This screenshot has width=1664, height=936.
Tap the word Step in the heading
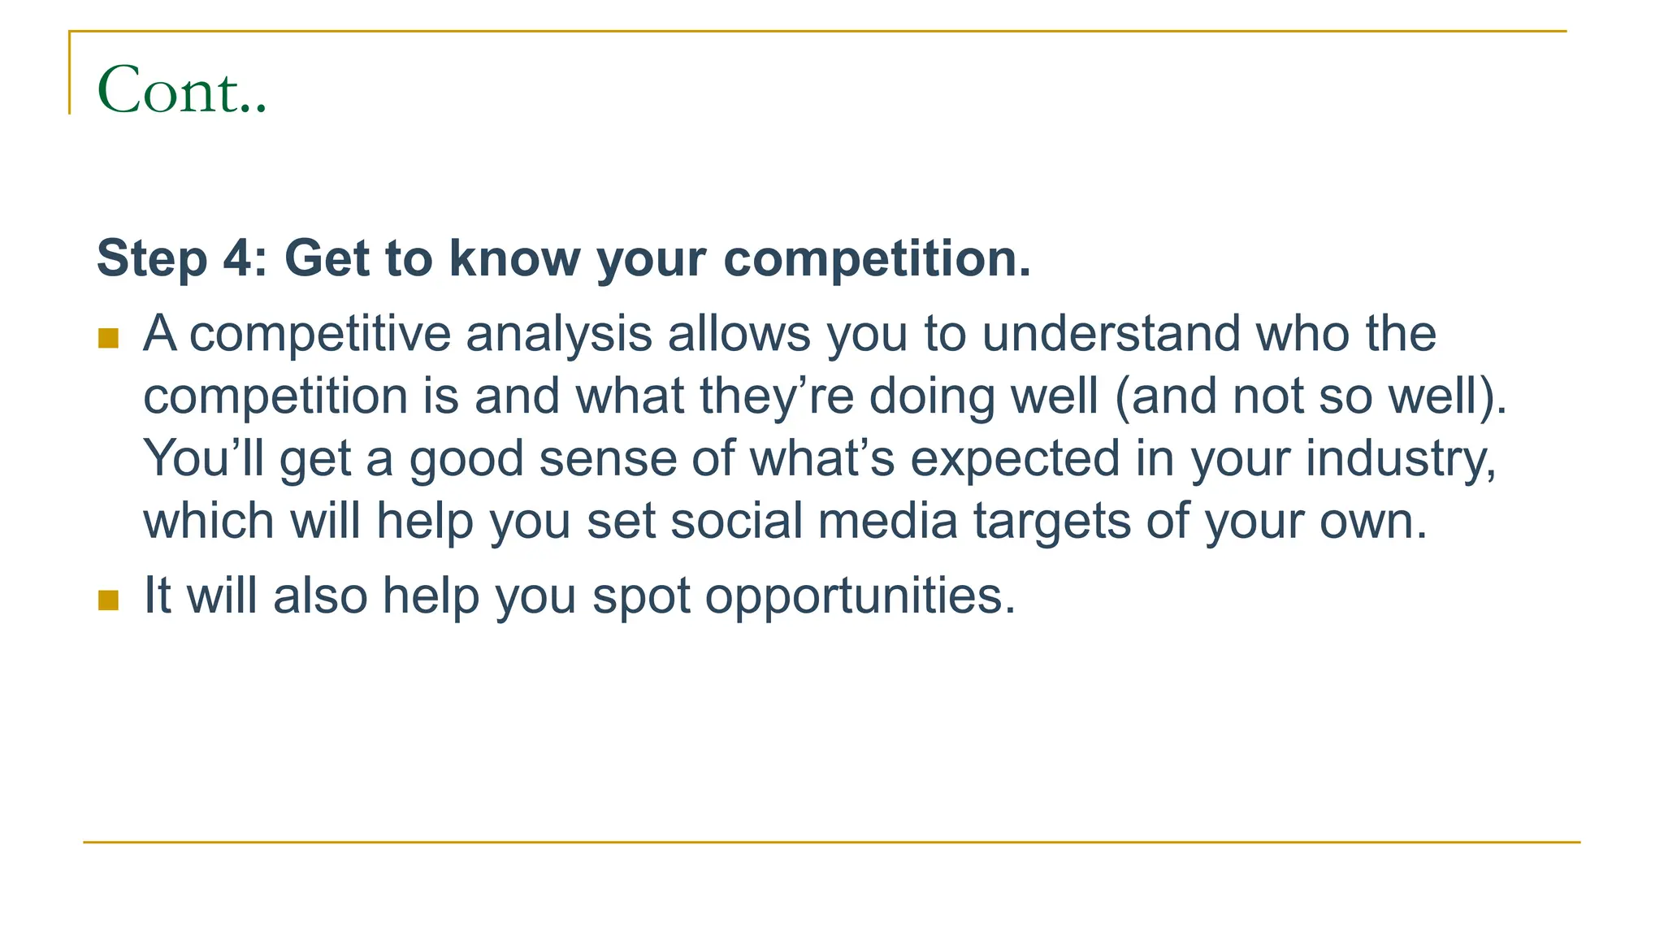coord(152,258)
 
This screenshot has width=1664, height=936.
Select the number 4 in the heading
coord(240,258)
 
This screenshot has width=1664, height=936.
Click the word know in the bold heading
coord(514,258)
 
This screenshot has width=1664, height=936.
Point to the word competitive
coord(319,334)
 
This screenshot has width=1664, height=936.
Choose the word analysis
coord(559,334)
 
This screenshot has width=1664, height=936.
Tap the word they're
coord(777,396)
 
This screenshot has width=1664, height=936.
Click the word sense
coord(608,460)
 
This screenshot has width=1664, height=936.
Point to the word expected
coord(1015,458)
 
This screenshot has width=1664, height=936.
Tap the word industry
coord(1400,458)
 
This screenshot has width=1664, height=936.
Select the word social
coord(736,521)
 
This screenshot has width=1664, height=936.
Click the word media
coord(887,521)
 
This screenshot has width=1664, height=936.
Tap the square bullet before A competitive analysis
coord(108,338)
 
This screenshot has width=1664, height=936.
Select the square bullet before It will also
coord(108,600)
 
